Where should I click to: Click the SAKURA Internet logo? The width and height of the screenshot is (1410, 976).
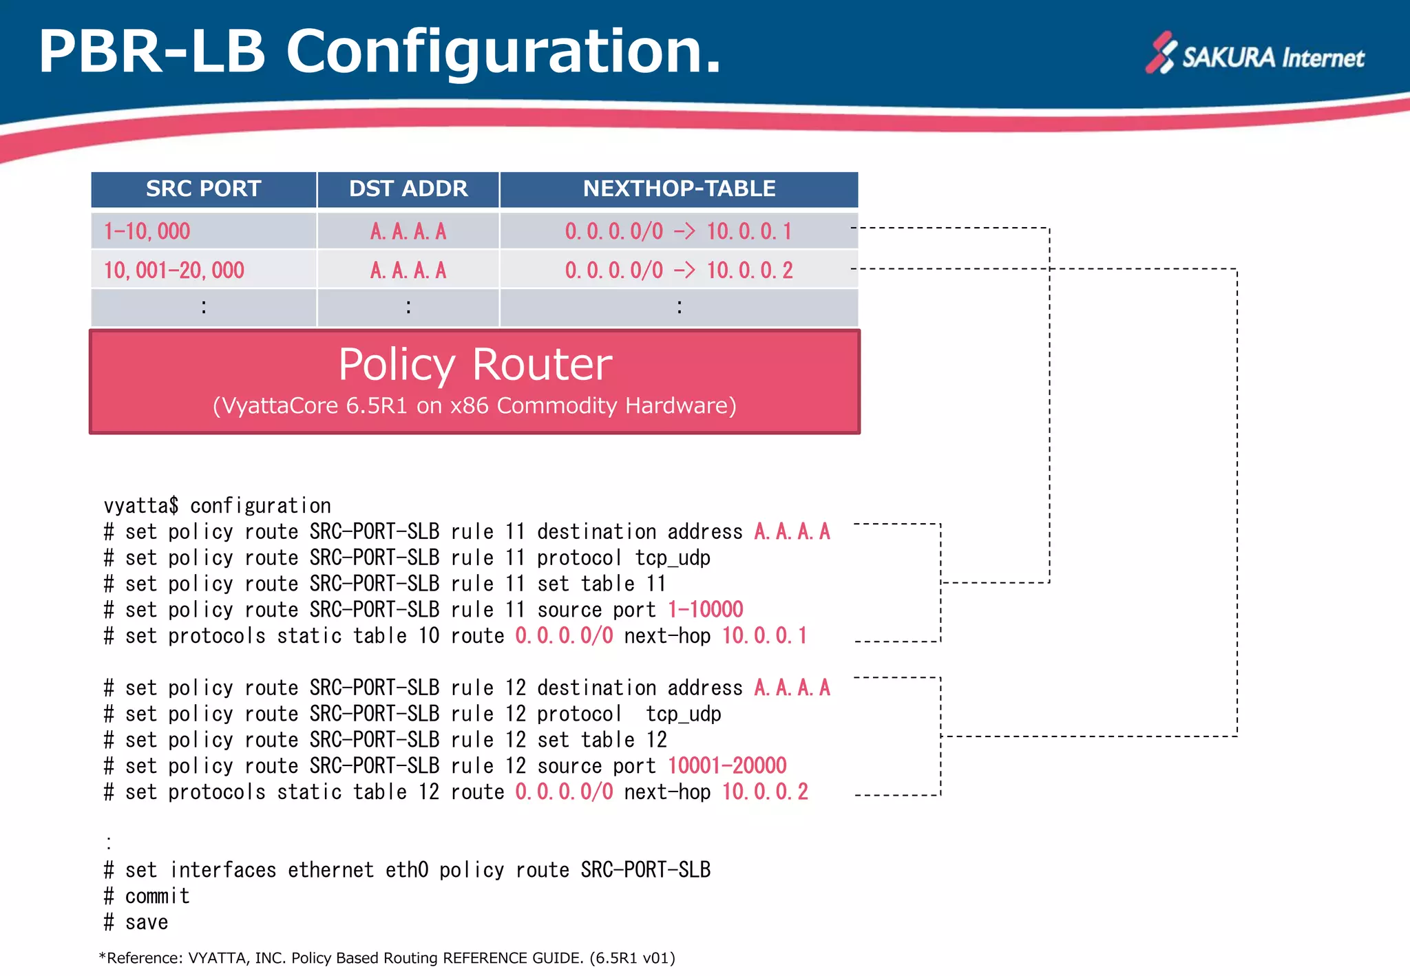1254,55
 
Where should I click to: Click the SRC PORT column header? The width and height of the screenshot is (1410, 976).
203,189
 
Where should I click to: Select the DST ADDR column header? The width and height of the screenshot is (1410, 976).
408,189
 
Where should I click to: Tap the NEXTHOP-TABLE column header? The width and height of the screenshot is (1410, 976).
679,189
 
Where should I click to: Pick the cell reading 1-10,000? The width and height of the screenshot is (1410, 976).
147,231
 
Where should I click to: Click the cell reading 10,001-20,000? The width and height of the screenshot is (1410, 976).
174,270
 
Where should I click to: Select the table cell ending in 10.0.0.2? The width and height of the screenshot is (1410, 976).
679,270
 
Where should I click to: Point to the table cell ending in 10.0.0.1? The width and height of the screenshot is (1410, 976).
679,231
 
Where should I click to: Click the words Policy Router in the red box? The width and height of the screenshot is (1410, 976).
475,364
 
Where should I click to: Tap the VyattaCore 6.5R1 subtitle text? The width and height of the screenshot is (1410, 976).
474,406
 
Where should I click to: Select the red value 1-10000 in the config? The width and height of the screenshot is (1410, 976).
706,610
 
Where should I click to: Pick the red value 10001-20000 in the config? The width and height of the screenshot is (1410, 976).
727,766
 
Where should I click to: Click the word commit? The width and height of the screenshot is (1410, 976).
157,897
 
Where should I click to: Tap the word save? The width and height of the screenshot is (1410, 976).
147,923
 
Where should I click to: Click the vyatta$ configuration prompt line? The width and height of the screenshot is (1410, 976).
217,507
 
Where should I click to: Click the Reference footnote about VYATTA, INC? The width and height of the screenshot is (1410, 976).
387,958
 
